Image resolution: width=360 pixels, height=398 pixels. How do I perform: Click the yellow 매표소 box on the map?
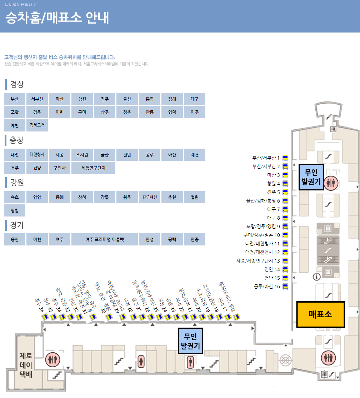(x=320, y=314)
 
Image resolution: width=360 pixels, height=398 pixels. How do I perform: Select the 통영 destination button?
(x=149, y=99)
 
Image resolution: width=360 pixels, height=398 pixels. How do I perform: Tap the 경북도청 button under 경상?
(x=37, y=125)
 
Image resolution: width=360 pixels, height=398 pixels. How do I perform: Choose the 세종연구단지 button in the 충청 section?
(x=93, y=168)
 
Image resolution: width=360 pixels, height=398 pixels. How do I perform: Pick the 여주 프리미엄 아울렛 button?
(x=105, y=239)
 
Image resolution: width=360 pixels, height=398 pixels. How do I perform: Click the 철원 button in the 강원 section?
(x=194, y=197)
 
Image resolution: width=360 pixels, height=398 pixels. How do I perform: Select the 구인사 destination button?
(x=59, y=168)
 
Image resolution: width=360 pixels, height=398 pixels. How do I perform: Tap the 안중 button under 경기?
(x=194, y=239)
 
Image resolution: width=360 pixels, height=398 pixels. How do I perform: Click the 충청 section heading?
(x=16, y=140)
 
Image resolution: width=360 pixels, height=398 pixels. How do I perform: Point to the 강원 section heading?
(x=16, y=183)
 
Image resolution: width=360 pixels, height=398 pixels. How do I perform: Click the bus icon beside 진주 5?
(x=285, y=192)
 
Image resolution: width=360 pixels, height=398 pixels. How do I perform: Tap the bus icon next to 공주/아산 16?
(x=285, y=287)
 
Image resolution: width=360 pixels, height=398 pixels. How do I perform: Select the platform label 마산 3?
(x=274, y=175)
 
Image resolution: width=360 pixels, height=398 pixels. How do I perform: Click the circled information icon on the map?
(x=316, y=276)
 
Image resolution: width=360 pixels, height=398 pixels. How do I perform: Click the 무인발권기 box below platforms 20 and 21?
(x=190, y=341)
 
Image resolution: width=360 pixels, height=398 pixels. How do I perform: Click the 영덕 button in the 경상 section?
(x=172, y=112)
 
